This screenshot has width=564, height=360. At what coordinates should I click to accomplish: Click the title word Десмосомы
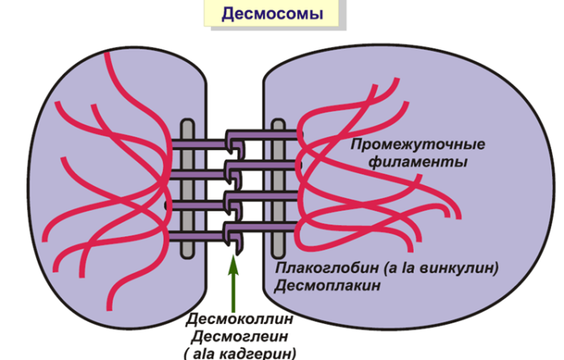click(271, 14)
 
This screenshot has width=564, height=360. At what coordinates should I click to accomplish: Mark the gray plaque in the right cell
click(278, 188)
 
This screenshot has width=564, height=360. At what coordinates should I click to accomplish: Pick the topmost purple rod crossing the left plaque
click(200, 144)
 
